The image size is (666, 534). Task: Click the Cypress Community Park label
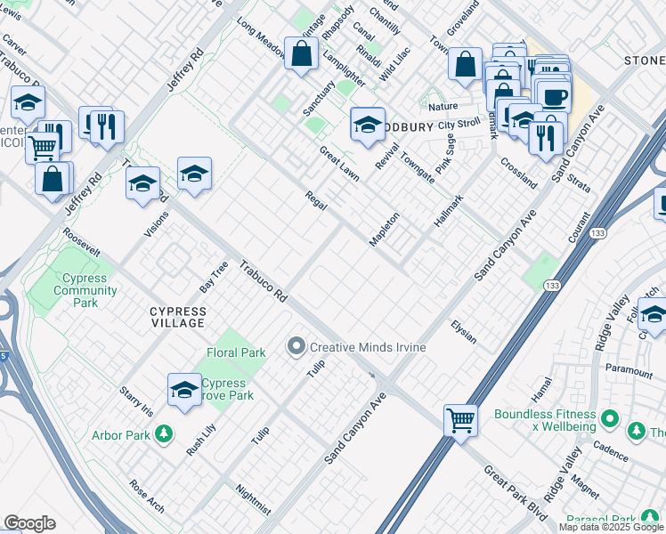(x=73, y=291)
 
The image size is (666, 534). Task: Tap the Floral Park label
(x=236, y=352)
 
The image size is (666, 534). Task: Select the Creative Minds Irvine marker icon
(x=296, y=346)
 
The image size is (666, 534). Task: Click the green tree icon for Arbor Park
(x=163, y=434)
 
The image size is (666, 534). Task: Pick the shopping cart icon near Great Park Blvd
(x=460, y=419)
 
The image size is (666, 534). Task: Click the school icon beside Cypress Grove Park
(x=184, y=390)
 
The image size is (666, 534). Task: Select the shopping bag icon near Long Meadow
(x=302, y=53)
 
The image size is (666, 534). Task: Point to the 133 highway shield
(x=552, y=286)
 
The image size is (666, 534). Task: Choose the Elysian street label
(x=463, y=332)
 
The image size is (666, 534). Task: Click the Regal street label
(x=316, y=200)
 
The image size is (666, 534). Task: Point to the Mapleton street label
(x=385, y=230)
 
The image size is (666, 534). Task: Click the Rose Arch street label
(x=147, y=497)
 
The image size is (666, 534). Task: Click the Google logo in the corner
(x=29, y=523)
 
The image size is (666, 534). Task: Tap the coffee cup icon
(x=554, y=96)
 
